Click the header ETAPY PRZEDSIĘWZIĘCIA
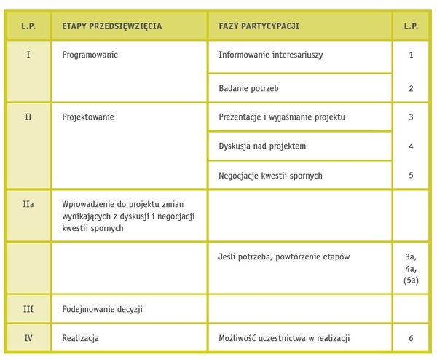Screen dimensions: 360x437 [x=112, y=26]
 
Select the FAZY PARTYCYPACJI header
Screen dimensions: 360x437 [x=259, y=26]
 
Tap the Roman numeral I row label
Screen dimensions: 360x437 [x=28, y=55]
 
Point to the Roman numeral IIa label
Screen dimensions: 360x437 [x=28, y=205]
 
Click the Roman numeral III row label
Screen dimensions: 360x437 [x=28, y=309]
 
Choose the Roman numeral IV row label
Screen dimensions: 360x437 [x=28, y=338]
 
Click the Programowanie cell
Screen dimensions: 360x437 [x=90, y=55]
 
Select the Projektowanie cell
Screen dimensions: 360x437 [x=88, y=117]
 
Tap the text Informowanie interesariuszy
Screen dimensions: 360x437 [x=270, y=55]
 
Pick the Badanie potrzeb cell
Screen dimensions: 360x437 [x=249, y=88]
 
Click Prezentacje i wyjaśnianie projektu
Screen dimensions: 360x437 [x=281, y=117]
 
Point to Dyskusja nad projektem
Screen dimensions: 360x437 [x=262, y=146]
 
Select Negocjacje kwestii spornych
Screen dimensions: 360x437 [x=270, y=176]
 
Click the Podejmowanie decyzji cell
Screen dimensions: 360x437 [x=103, y=309]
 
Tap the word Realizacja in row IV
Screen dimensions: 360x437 [x=81, y=338]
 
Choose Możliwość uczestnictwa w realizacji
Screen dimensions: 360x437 [x=284, y=338]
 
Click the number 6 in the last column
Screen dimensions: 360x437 [x=411, y=338]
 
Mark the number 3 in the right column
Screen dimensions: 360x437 [x=411, y=117]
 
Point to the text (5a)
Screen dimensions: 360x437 [x=411, y=281]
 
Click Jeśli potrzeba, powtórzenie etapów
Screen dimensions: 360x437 [x=284, y=257]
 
